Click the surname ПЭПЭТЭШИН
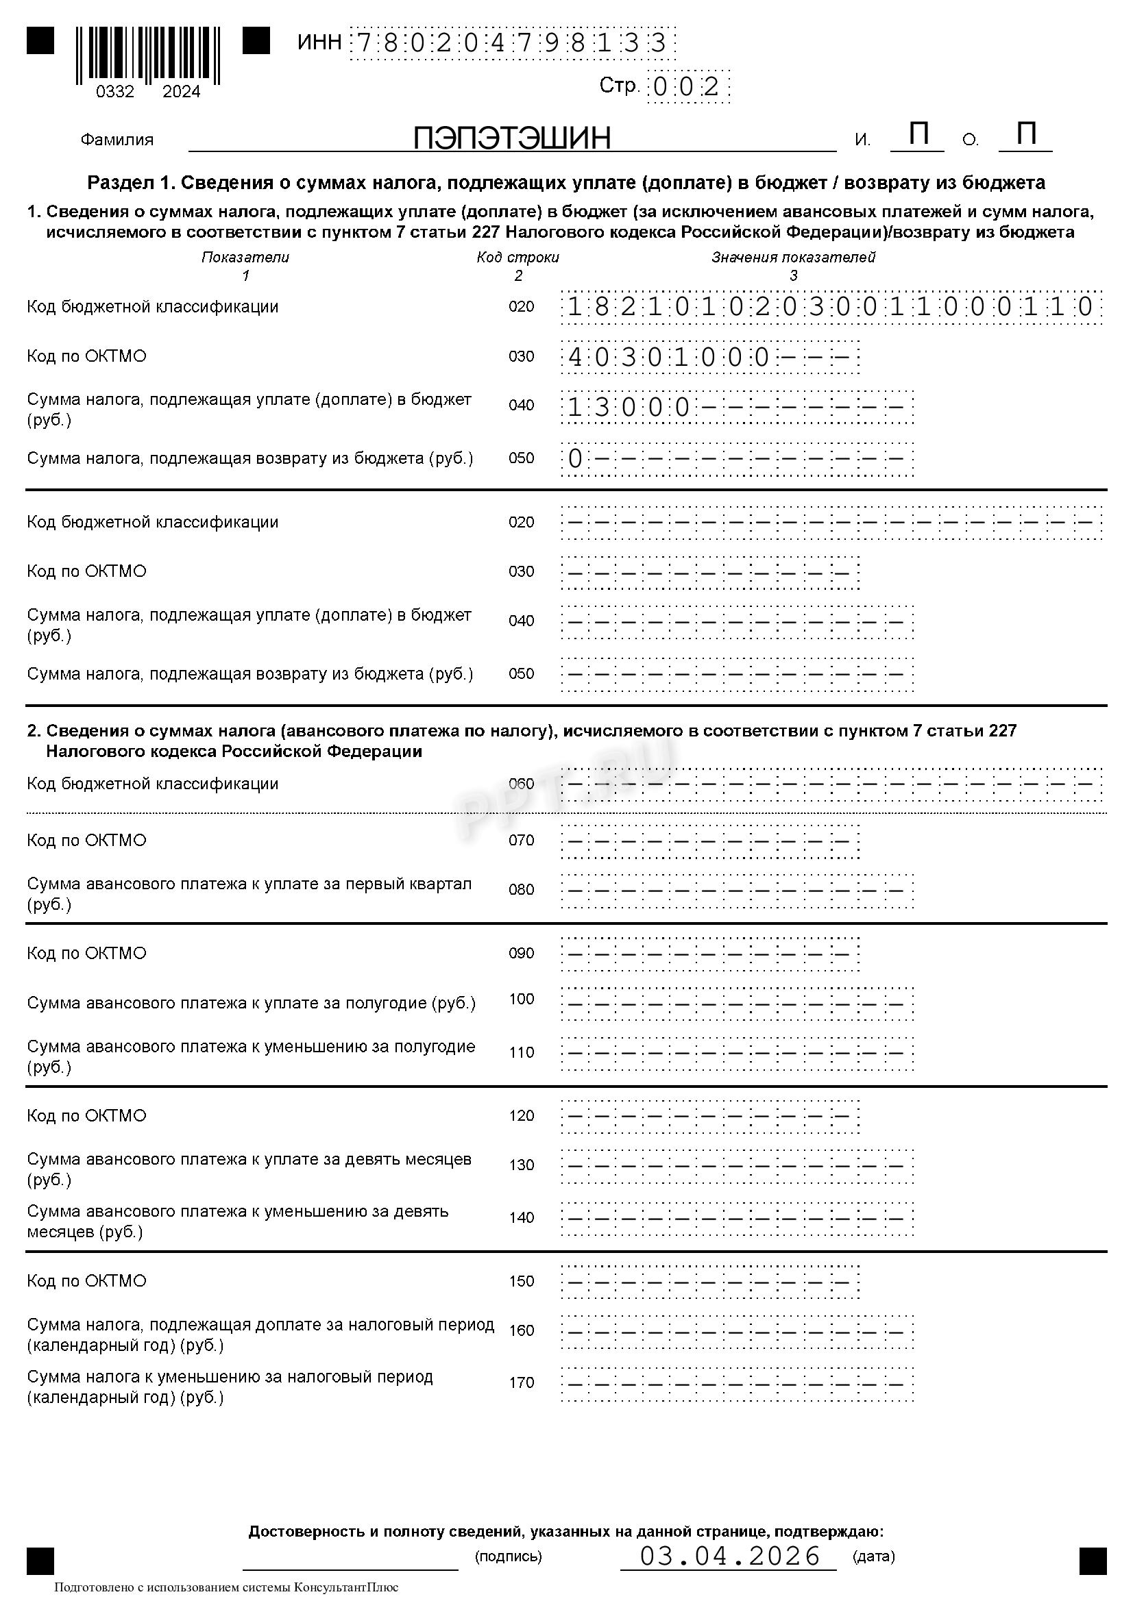pyautogui.click(x=511, y=138)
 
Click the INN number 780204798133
pyautogui.click(x=511, y=43)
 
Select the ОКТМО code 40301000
pyautogui.click(x=668, y=357)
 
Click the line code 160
pyautogui.click(x=521, y=1330)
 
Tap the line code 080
pyautogui.click(x=521, y=889)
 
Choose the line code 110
pyautogui.click(x=521, y=1052)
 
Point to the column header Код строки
pyautogui.click(x=517, y=258)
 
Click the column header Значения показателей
pyautogui.click(x=793, y=258)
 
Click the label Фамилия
pyautogui.click(x=117, y=140)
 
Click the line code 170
pyautogui.click(x=521, y=1382)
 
